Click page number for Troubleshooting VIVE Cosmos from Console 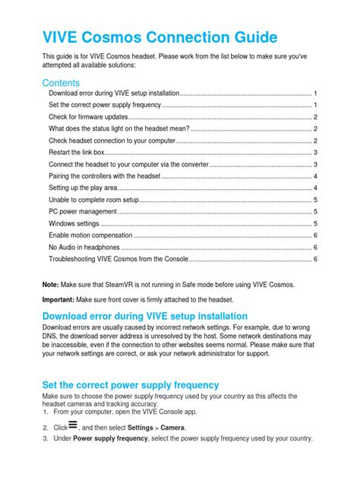click(x=314, y=259)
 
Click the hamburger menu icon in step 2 click(x=74, y=427)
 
